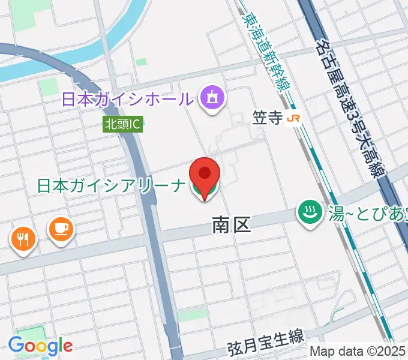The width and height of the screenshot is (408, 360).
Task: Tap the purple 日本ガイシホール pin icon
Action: [211, 97]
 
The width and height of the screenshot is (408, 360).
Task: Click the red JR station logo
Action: [293, 119]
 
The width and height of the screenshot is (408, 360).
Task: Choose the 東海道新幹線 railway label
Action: [267, 51]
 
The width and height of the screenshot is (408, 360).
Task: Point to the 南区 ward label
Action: [231, 225]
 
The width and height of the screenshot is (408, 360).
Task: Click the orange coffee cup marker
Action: [61, 229]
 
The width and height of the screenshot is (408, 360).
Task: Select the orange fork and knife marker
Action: [23, 239]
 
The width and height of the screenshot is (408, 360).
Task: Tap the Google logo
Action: [41, 345]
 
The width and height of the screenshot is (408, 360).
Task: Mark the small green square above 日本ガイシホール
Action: [141, 62]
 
